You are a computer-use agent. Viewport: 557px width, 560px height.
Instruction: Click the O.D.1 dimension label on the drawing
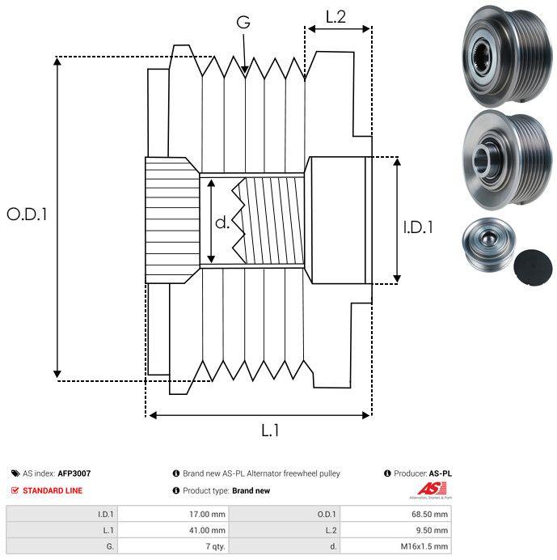tap(27, 214)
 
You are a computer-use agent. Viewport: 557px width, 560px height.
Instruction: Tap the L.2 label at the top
tap(335, 17)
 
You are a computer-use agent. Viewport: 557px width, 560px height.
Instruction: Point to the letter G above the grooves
tap(243, 22)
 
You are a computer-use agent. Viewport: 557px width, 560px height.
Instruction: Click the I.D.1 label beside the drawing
tap(418, 227)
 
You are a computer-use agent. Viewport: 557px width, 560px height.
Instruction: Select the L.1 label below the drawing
tap(270, 431)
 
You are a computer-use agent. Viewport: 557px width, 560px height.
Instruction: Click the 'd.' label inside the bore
tap(222, 223)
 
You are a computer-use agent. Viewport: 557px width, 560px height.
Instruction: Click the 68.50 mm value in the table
tap(429, 515)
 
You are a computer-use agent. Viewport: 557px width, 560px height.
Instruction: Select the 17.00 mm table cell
tap(207, 515)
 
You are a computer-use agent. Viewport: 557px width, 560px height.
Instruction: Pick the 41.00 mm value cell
tap(207, 530)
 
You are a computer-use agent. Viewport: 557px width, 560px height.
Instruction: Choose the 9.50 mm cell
tap(432, 530)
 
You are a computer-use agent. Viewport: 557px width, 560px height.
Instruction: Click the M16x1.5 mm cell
tap(424, 546)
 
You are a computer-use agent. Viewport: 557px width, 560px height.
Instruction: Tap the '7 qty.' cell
tap(216, 546)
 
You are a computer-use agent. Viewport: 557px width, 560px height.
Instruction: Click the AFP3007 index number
tap(74, 473)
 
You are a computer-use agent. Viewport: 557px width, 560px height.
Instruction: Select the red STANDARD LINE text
tap(53, 490)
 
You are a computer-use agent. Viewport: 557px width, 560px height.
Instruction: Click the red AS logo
tap(432, 489)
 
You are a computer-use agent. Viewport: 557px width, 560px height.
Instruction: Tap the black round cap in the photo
tap(533, 268)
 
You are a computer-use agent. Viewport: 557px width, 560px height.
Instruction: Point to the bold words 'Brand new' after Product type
tap(251, 490)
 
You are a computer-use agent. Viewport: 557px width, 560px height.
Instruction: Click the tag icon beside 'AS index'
tap(15, 473)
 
